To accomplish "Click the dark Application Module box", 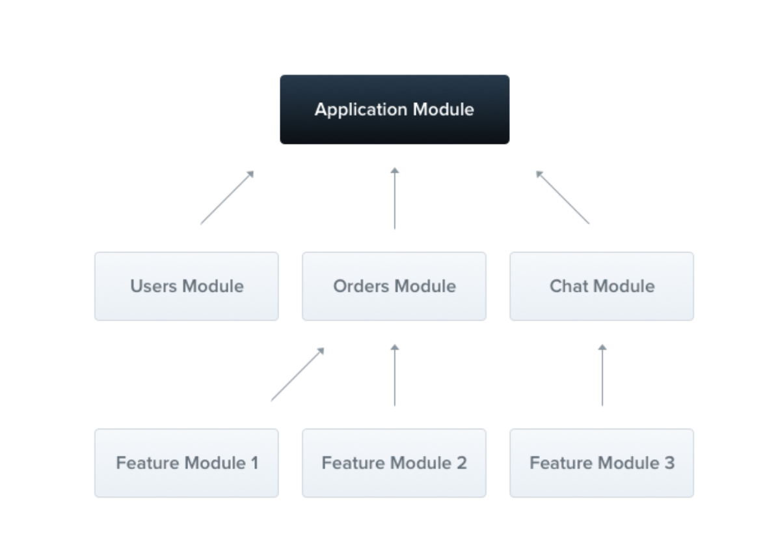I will (x=394, y=109).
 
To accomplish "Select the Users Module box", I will (x=186, y=286).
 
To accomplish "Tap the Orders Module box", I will (x=394, y=286).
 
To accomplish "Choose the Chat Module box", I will (x=602, y=286).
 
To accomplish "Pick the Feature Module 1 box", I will (x=186, y=463).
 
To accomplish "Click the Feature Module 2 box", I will (x=394, y=463).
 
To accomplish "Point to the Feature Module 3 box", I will (x=602, y=463).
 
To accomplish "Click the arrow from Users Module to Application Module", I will (x=227, y=197).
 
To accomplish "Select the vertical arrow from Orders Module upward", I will (x=394, y=198).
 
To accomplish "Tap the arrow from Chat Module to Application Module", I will (x=563, y=197).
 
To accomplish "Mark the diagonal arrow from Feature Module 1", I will (x=297, y=375).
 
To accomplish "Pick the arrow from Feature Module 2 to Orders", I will (x=394, y=375).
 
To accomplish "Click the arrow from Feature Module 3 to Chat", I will (x=602, y=375).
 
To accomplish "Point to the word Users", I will (x=154, y=286).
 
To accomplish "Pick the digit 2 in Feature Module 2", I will (x=461, y=463).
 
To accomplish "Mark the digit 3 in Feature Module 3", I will (x=669, y=463).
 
